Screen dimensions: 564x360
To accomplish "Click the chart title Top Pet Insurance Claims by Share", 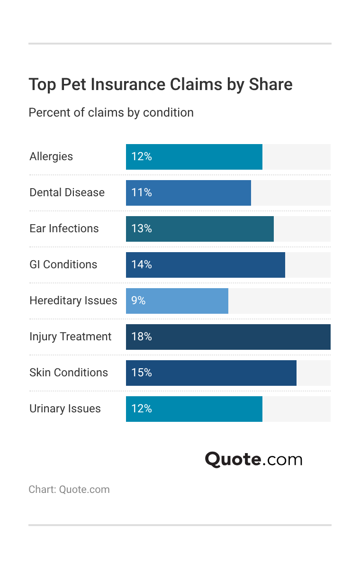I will point(161,84).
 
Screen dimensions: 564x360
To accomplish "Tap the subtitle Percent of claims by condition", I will point(111,113).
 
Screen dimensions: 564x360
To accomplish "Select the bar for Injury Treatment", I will point(228,337).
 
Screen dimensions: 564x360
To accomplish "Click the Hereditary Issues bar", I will point(177,301).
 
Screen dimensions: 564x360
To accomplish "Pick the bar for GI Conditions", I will point(205,265).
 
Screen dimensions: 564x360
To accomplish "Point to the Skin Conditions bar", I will point(211,373).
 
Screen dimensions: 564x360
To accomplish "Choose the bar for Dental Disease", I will point(188,193).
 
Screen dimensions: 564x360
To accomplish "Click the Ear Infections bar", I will point(199,229).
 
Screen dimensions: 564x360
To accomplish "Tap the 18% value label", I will point(141,337).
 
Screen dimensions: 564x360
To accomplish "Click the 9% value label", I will point(138,301).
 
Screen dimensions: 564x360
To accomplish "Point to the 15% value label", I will point(141,373).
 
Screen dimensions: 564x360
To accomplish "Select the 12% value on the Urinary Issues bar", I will point(141,409).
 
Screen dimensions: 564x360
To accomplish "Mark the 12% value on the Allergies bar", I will point(141,157).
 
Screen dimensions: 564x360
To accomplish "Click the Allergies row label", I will point(51,157).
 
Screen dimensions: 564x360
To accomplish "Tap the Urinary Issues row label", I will point(65,409).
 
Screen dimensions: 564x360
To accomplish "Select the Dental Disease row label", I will point(67,193).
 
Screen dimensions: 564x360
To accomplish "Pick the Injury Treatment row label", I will point(70,337).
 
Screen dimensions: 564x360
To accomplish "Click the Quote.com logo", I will point(253,459).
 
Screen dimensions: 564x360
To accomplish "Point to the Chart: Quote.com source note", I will point(69,490).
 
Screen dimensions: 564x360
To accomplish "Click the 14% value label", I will point(141,265).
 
